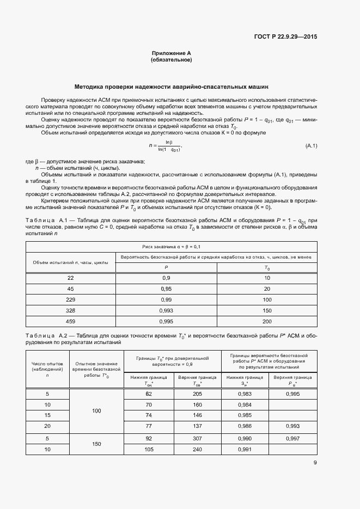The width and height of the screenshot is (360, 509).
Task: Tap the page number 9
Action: pyautogui.click(x=315, y=463)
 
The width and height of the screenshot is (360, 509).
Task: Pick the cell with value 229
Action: pyautogui.click(x=70, y=299)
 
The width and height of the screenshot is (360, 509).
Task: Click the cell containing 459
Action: pyautogui.click(x=70, y=321)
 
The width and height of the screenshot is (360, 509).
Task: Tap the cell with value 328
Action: pyautogui.click(x=70, y=310)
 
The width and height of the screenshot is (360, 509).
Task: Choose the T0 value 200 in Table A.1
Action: pyautogui.click(x=267, y=321)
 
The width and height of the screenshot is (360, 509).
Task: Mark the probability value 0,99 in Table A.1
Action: pyautogui.click(x=166, y=299)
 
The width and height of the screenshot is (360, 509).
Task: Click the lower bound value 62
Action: pyautogui.click(x=148, y=394)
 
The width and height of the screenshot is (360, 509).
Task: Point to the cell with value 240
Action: pyautogui.click(x=197, y=449)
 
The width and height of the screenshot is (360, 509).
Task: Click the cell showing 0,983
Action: pyautogui.click(x=246, y=394)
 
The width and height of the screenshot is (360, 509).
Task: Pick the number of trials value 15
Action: pyautogui.click(x=47, y=415)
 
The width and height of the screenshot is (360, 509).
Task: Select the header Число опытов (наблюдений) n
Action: pyautogui.click(x=47, y=369)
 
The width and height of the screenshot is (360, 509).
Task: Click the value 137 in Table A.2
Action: pyautogui.click(x=197, y=426)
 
